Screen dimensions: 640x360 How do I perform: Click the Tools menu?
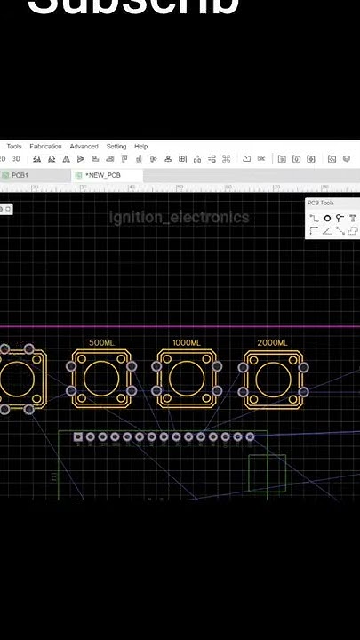tap(14, 147)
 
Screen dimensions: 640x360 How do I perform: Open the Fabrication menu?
tap(45, 147)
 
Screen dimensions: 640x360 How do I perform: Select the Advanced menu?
tap(84, 147)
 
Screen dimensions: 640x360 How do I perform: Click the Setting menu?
tap(116, 147)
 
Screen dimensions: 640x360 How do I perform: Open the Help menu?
tap(141, 147)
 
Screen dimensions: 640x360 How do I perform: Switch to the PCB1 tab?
tap(19, 176)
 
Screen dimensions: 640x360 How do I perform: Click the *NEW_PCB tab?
tap(102, 176)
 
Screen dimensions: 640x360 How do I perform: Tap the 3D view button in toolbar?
tap(16, 159)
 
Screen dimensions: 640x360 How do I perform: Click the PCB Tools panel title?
tap(320, 204)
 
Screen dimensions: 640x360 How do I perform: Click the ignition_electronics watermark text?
tap(179, 218)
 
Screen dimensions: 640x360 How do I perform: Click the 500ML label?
tap(101, 343)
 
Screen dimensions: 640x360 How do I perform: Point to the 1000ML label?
tap(187, 343)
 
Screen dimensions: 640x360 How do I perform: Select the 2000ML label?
tap(272, 343)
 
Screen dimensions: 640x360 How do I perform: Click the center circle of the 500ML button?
tap(101, 379)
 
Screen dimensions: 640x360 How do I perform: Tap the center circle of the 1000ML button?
tap(188, 379)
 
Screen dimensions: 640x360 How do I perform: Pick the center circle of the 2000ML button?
tap(274, 379)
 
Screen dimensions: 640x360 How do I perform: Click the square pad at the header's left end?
tap(78, 436)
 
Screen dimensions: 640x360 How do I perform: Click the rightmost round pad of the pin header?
tap(250, 436)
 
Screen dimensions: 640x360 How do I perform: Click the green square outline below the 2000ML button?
tap(267, 472)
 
